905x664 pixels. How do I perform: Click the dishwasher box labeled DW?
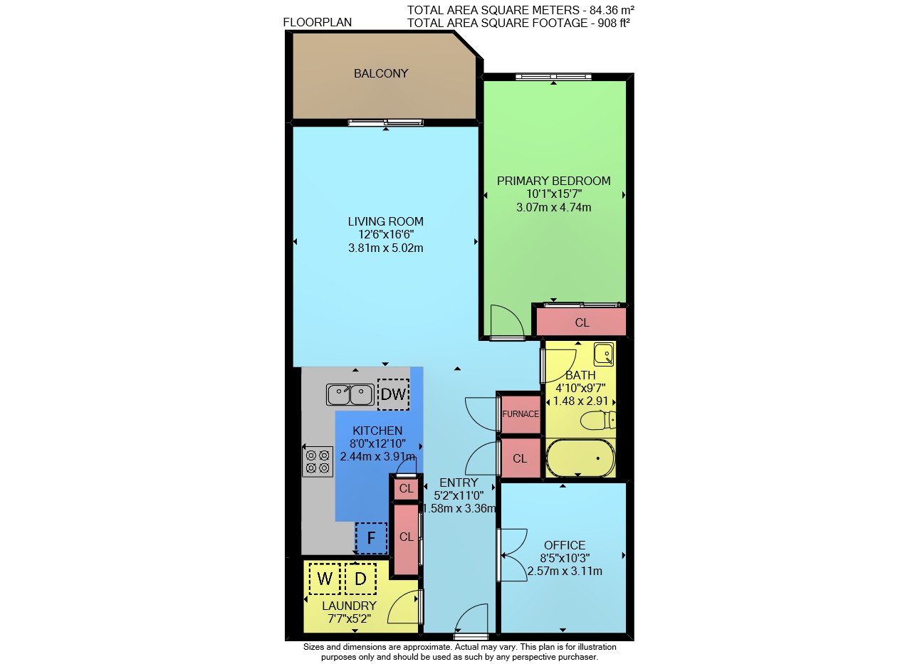(x=393, y=394)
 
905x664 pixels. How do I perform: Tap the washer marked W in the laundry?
(x=325, y=579)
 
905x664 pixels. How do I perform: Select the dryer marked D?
(x=361, y=579)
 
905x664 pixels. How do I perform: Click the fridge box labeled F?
(x=371, y=538)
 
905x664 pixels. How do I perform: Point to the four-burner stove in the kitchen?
(x=318, y=462)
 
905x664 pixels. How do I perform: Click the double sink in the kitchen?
(x=350, y=394)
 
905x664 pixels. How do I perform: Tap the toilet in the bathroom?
(x=598, y=421)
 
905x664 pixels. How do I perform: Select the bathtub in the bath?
(x=580, y=458)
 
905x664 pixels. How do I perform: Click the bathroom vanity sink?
(x=604, y=354)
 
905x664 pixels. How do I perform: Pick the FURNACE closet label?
(x=520, y=414)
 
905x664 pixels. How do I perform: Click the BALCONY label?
(x=381, y=73)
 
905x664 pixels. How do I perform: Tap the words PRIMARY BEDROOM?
(x=553, y=181)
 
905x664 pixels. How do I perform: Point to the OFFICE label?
(x=565, y=545)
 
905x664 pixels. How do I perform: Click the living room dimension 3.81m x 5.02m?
(x=386, y=248)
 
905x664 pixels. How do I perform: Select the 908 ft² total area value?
(x=614, y=23)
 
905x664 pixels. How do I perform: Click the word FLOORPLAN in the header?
(x=317, y=22)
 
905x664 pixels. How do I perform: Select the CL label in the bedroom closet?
(x=582, y=322)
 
